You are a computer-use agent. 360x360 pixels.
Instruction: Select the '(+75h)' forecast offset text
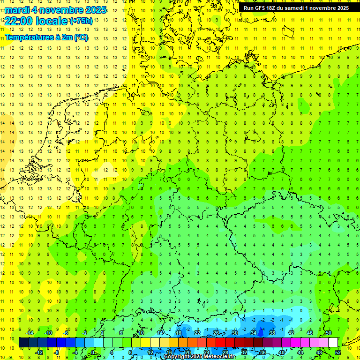[x=81, y=21]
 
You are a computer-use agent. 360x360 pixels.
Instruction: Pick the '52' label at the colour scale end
[x=338, y=352]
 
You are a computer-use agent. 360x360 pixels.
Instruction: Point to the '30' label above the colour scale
[x=234, y=333]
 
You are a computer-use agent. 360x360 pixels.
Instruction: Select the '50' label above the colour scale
[x=328, y=333]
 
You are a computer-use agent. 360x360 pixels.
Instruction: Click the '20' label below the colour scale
[x=187, y=352]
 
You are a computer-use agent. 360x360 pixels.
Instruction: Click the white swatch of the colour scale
[x=333, y=342]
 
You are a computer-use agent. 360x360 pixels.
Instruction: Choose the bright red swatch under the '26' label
[x=220, y=342]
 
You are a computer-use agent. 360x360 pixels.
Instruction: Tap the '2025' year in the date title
[x=94, y=10]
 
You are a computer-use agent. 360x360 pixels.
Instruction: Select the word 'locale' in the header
[x=50, y=21]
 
